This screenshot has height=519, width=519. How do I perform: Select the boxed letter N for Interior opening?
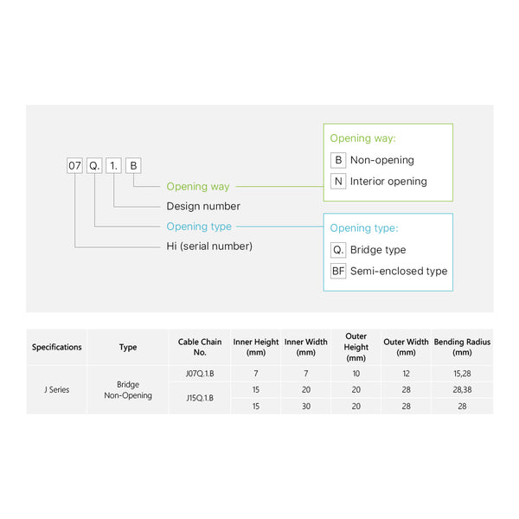338,182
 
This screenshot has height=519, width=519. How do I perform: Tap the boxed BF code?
338,271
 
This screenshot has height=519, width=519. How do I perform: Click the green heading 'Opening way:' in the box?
363,138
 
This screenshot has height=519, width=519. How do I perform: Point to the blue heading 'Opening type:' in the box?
364,228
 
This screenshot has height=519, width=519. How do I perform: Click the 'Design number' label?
203,207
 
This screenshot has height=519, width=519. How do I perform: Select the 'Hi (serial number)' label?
209,247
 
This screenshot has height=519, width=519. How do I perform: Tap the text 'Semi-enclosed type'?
399,271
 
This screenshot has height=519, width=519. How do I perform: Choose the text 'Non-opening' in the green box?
382,160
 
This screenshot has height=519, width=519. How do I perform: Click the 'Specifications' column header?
57,347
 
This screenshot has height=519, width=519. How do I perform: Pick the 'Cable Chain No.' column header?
200,347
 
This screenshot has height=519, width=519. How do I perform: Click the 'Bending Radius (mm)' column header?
462,347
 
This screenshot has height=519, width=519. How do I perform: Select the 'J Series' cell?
57,389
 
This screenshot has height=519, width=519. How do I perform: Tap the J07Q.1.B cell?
200,374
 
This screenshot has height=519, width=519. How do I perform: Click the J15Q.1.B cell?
200,398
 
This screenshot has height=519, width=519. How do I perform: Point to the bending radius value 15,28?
462,374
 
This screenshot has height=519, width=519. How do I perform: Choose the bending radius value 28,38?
462,389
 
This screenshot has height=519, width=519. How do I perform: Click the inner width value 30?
305,406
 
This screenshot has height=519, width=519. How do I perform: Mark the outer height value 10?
356,374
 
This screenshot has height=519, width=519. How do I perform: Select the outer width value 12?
407,374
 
